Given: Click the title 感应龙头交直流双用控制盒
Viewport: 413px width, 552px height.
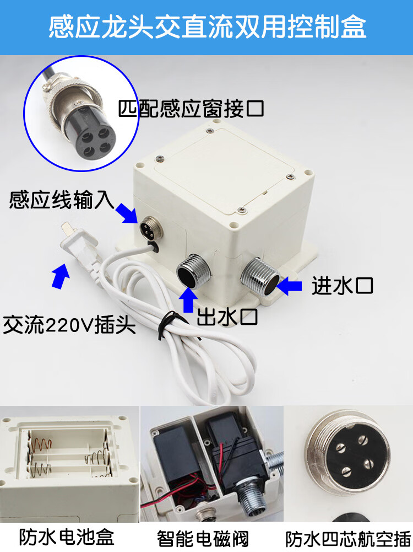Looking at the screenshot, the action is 208,27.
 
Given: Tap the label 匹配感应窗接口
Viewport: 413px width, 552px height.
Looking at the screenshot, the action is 191,109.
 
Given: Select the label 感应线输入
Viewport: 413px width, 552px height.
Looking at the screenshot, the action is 62,200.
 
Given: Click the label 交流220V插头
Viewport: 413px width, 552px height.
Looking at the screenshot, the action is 69,325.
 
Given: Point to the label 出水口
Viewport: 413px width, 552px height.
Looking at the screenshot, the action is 227,317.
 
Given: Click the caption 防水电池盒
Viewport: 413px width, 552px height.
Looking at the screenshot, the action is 67,537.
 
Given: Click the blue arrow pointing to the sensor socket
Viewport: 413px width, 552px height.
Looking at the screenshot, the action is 126,213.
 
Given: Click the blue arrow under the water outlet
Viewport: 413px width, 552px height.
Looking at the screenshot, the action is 188,299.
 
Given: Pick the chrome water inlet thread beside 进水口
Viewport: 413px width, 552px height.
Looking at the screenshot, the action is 260,276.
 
